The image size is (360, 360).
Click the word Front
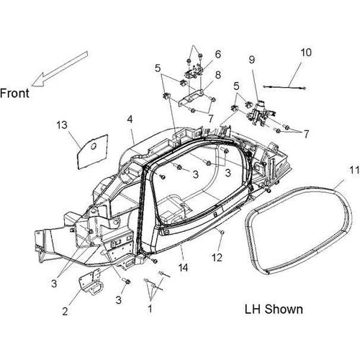pyautogui.click(x=14, y=94)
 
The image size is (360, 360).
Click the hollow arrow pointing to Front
pyautogui.click(x=60, y=69)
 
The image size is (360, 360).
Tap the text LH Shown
pyautogui.click(x=274, y=309)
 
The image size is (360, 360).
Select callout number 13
pyautogui.click(x=62, y=125)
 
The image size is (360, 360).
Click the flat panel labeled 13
pyautogui.click(x=92, y=152)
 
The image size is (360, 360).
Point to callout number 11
pyautogui.click(x=354, y=171)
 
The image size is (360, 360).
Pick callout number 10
pyautogui.click(x=306, y=53)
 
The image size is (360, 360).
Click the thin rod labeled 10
pyautogui.click(x=284, y=87)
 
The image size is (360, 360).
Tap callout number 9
pyautogui.click(x=251, y=60)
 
